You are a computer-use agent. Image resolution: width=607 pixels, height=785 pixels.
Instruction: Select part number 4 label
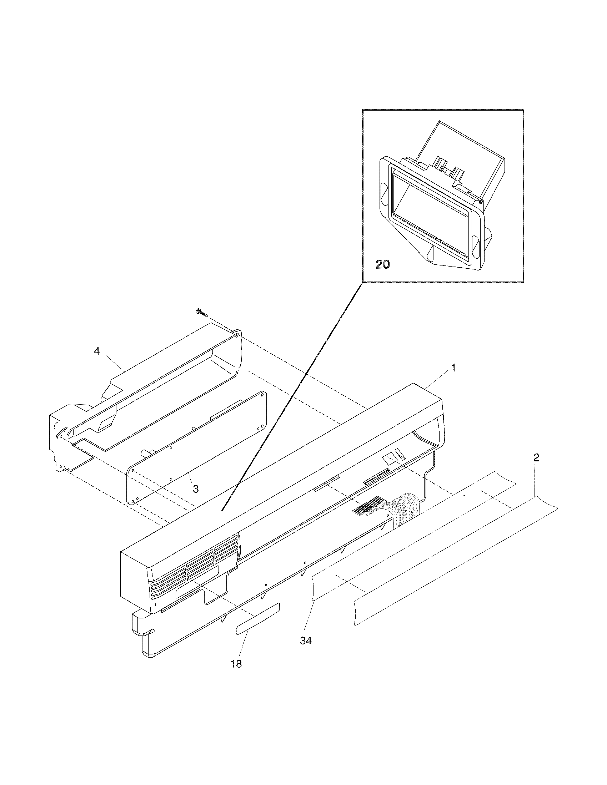pyautogui.click(x=97, y=351)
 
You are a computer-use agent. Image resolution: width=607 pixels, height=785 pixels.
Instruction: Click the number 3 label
pyautogui.click(x=196, y=489)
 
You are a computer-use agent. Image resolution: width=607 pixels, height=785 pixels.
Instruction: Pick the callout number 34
pyautogui.click(x=306, y=640)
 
